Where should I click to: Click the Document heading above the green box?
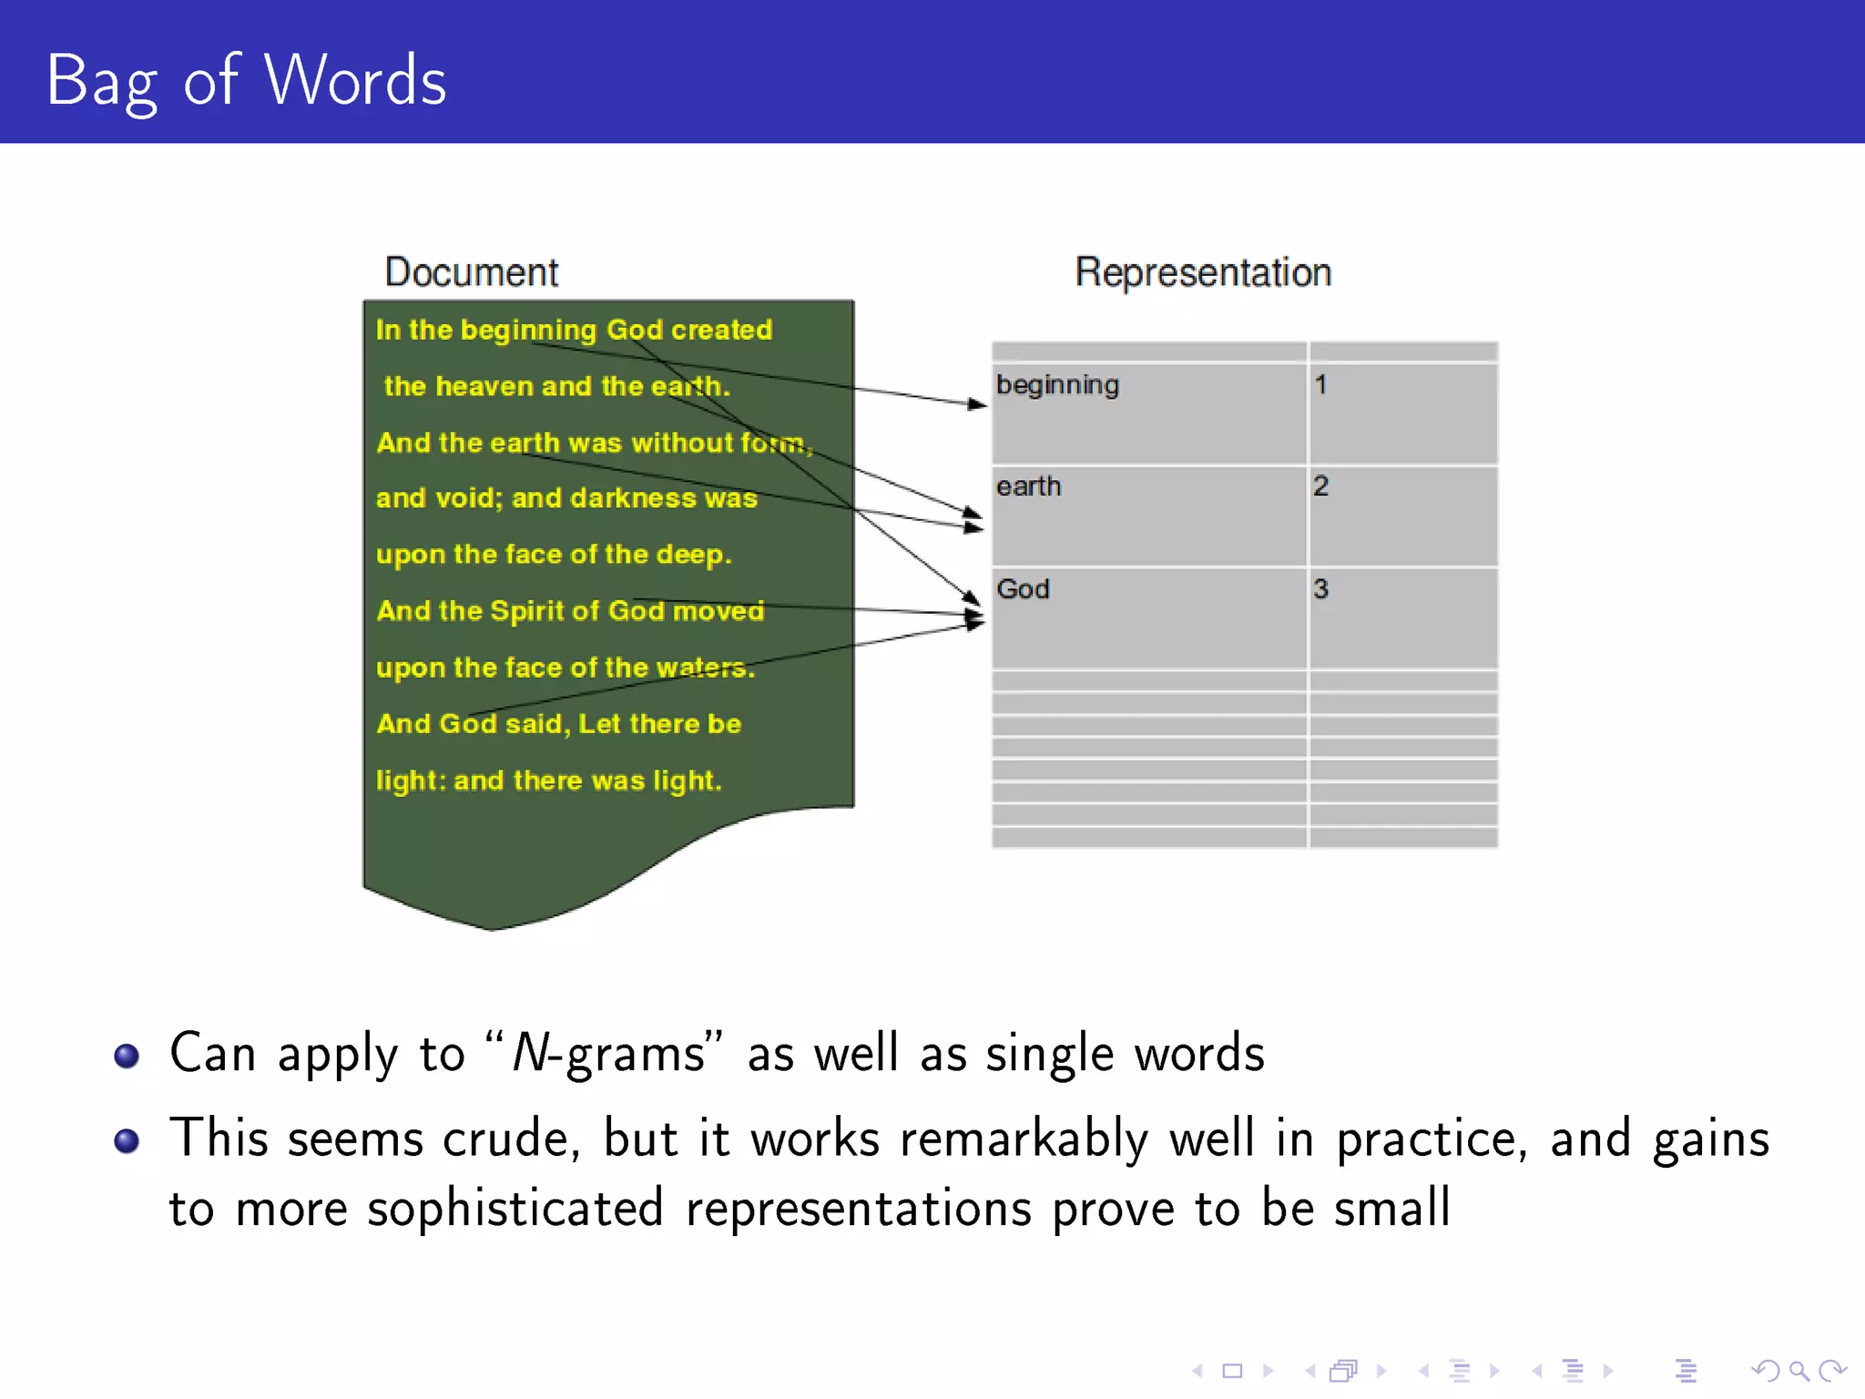tap(471, 272)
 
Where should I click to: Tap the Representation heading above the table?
tap(1203, 272)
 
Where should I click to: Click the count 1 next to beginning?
tap(1320, 385)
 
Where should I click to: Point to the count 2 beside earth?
tap(1320, 486)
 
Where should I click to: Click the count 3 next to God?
tap(1320, 589)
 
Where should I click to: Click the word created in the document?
tap(721, 330)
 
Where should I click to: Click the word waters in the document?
tap(704, 668)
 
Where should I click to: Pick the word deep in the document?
tap(692, 555)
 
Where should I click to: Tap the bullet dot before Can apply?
tap(127, 1056)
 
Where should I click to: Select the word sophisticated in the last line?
tap(515, 1210)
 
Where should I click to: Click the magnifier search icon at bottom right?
tap(1799, 1370)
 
